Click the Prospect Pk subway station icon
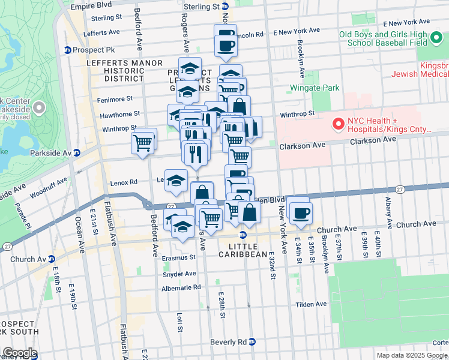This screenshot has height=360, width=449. point(67,50)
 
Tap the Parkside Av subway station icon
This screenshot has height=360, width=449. point(77,153)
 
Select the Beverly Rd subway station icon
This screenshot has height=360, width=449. point(252,341)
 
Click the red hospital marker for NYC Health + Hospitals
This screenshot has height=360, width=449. point(339,125)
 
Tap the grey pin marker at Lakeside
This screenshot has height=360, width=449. point(40,109)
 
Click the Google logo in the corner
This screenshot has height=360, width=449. point(19,353)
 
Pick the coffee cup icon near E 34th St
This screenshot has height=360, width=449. point(300,212)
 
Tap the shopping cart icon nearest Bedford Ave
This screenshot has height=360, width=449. point(143,143)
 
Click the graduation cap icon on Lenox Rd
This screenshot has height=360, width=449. point(175,180)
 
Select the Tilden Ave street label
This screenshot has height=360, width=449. point(311,305)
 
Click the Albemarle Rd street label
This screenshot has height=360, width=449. point(180,287)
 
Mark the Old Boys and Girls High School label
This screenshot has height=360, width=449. point(383,38)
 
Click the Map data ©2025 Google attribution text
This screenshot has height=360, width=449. point(412,355)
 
